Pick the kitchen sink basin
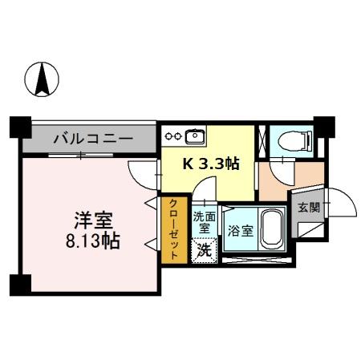(195, 135)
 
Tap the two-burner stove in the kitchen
(172, 135)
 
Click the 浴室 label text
(241, 230)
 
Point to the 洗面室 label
(204, 221)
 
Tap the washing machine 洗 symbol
(205, 250)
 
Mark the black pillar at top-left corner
(19, 127)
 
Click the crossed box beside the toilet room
(262, 140)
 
